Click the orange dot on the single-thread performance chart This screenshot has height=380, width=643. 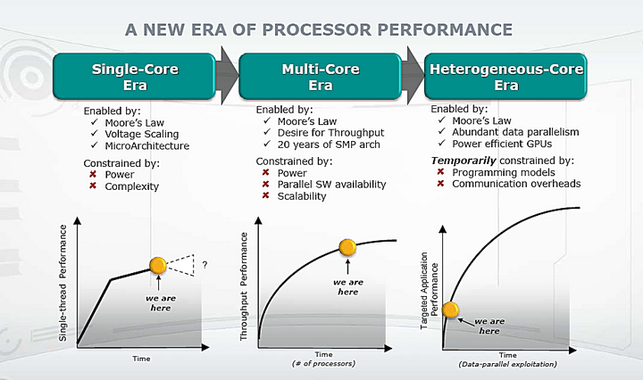pos(158,264)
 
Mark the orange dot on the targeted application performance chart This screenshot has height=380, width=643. pos(451,310)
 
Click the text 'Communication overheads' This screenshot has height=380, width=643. pos(516,184)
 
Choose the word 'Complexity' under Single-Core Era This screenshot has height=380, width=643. pos(131,186)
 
